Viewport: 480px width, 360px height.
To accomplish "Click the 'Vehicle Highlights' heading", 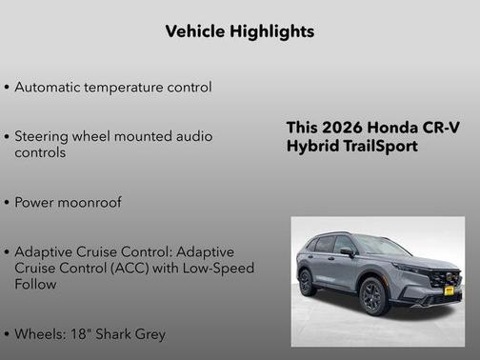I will coord(239,31).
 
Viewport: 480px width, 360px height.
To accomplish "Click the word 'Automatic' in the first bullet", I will coord(48,88).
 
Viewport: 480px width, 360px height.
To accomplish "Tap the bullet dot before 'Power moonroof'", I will coord(7,203).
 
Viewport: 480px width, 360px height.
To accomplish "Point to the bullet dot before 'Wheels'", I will coord(7,334).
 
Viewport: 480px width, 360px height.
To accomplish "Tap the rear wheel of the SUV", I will coord(307,282).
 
